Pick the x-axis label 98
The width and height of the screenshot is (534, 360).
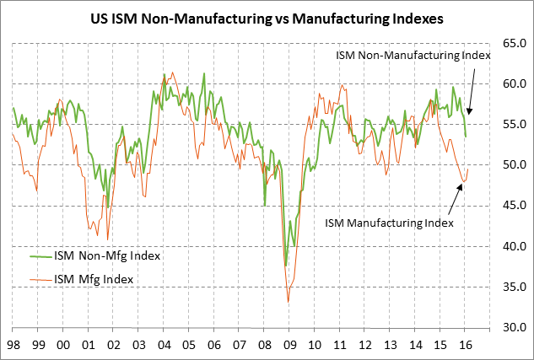pyautogui.click(x=13, y=345)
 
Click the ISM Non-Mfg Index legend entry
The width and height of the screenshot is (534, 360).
pyautogui.click(x=106, y=255)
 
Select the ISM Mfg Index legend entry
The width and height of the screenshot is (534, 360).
pyautogui.click(x=94, y=278)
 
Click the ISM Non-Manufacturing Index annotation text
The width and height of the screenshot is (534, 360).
pyautogui.click(x=413, y=56)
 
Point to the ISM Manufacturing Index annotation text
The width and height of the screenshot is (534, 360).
pyautogui.click(x=389, y=223)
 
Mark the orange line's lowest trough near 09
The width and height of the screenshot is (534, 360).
pyautogui.click(x=289, y=302)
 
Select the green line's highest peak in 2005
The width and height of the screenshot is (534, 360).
pyautogui.click(x=204, y=73)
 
